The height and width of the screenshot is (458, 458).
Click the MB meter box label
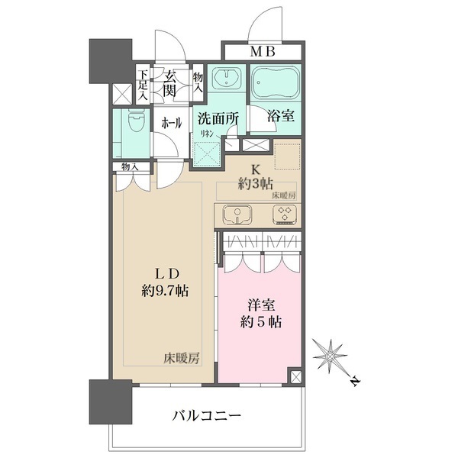click(x=262, y=53)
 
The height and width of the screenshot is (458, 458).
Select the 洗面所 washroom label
click(x=219, y=118)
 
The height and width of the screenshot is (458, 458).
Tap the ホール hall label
click(x=171, y=122)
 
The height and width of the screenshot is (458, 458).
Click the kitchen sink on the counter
click(x=235, y=214)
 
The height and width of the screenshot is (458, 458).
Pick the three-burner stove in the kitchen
click(x=283, y=214)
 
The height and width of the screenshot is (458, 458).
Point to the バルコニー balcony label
click(x=206, y=416)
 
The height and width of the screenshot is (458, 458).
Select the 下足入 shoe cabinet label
click(x=143, y=85)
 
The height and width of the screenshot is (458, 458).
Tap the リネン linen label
click(x=206, y=134)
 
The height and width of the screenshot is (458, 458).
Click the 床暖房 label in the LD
click(x=181, y=357)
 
